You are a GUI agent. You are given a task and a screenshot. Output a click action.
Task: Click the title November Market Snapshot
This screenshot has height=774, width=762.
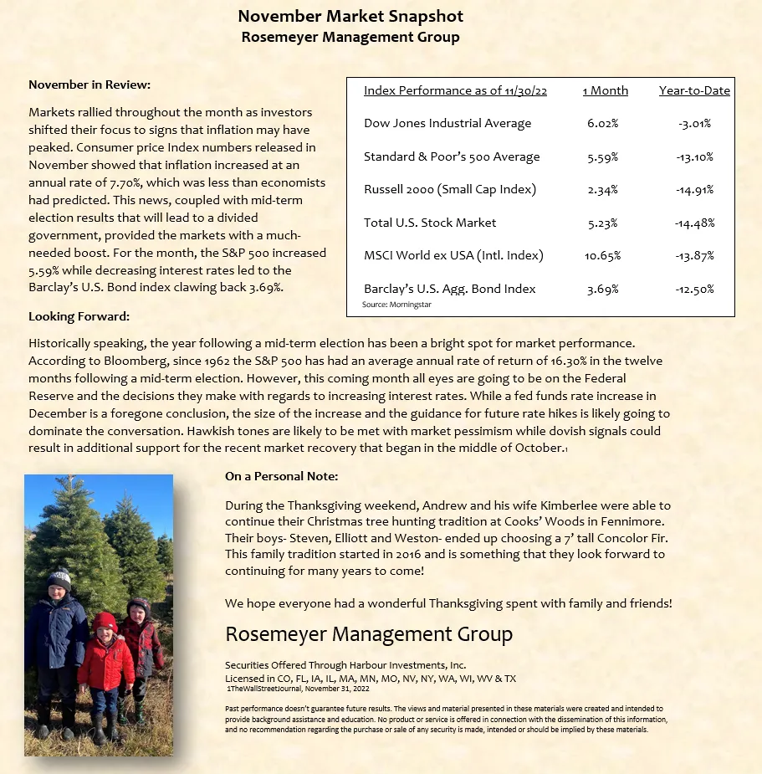tap(350, 17)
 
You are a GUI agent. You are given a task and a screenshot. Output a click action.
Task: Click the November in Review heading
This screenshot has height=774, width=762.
tap(89, 85)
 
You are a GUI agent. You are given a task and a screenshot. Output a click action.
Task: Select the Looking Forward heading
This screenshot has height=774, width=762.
tap(79, 317)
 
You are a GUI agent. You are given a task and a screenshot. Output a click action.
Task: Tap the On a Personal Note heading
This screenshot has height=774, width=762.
tap(281, 476)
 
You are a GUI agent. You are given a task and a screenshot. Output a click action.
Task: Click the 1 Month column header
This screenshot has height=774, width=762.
tap(605, 90)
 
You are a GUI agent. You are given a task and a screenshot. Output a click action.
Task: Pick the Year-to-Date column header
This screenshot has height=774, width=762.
tap(694, 90)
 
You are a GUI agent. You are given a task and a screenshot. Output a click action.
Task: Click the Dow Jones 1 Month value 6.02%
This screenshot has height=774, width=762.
tap(603, 124)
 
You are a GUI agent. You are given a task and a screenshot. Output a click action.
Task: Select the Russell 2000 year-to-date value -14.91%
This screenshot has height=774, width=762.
tap(695, 190)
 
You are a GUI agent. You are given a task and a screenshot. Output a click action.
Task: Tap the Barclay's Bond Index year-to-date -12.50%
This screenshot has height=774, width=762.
tap(695, 289)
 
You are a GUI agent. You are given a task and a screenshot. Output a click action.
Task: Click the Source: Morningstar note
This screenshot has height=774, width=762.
tap(397, 305)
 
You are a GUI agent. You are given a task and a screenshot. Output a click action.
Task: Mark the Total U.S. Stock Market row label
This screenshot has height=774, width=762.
tap(430, 223)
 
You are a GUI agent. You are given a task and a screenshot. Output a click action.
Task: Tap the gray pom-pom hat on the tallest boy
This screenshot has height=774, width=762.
tap(59, 578)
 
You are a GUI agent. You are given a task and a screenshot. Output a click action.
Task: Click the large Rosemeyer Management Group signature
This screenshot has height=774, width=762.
tap(369, 633)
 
